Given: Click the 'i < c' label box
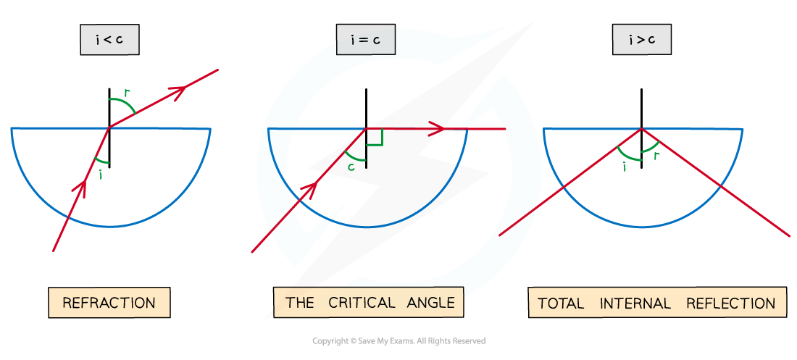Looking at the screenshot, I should tap(109, 41).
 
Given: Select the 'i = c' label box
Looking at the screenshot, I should tap(366, 41).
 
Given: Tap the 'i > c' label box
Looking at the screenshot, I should tap(641, 41).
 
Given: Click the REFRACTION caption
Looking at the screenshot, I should tap(109, 303).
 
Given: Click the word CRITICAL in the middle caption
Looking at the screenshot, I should tap(362, 303).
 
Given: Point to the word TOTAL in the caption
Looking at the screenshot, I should tap(561, 304).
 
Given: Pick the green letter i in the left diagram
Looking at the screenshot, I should tap(100, 174).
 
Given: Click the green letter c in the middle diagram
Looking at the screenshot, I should tap(351, 166).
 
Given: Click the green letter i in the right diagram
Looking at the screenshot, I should tap(625, 167).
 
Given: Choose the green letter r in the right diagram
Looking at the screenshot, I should tap(656, 155).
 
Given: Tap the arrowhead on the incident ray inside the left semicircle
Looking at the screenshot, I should tap(80, 188).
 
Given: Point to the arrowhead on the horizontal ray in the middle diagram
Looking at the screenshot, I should tap(437, 129).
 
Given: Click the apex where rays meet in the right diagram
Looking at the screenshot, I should tap(642, 129).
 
